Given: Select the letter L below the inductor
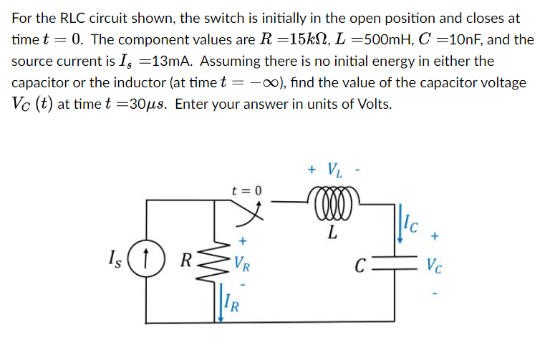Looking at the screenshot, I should coord(330,231).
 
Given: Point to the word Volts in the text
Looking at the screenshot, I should coord(372,104).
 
